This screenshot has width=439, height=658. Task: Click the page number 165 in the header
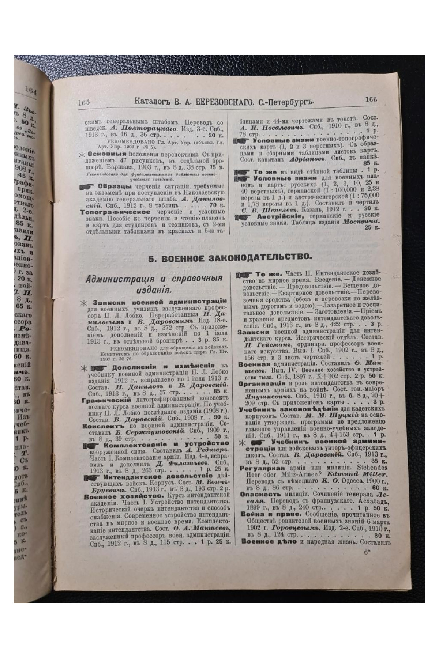pyautogui.click(x=84, y=102)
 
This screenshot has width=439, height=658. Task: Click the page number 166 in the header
pyautogui.click(x=370, y=99)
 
